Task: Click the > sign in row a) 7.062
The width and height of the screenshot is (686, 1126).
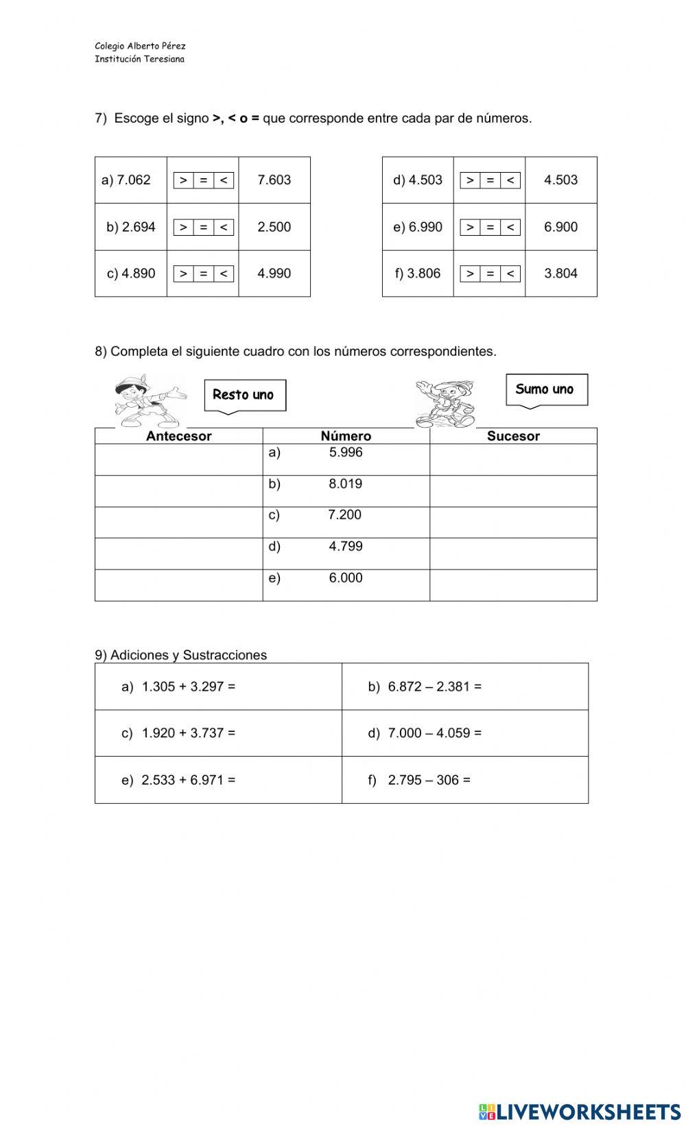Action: (x=183, y=180)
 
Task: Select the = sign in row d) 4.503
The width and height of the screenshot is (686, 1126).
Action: (x=490, y=180)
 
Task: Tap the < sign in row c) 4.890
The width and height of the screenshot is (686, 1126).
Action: (x=224, y=273)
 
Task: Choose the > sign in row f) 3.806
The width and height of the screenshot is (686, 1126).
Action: (x=470, y=273)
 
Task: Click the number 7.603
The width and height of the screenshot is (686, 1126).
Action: (x=274, y=180)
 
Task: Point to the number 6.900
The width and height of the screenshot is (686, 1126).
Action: (x=560, y=227)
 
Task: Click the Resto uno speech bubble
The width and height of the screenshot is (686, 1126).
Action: (x=244, y=395)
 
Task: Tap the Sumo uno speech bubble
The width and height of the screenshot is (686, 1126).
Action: (x=546, y=389)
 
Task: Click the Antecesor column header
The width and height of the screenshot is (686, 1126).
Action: (x=178, y=436)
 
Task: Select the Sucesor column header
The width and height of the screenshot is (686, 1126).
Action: (x=513, y=436)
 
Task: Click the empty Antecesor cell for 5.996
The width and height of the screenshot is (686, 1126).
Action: (x=178, y=459)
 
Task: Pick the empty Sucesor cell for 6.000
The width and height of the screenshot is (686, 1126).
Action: (x=513, y=585)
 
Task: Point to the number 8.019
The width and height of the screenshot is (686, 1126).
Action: (x=345, y=484)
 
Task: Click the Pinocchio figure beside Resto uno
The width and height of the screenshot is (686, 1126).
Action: (x=147, y=401)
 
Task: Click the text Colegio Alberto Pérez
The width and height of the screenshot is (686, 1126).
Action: (x=140, y=46)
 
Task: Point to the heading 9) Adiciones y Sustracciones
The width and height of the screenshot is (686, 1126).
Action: (x=180, y=655)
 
